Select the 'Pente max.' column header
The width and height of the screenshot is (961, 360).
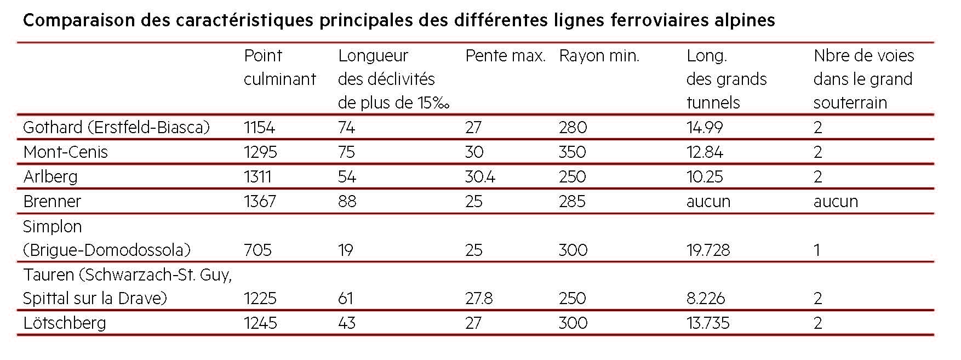(x=505, y=56)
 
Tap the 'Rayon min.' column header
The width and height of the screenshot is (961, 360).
(x=599, y=56)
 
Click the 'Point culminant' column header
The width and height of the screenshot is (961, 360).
(x=279, y=67)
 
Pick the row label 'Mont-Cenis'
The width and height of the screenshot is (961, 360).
(x=65, y=152)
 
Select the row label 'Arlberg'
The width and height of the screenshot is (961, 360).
(x=50, y=176)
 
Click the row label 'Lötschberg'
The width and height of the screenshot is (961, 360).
(x=64, y=323)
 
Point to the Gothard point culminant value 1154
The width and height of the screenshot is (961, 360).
(x=259, y=128)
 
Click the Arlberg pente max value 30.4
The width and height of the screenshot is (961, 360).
(x=480, y=176)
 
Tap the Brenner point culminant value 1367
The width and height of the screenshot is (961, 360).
(x=261, y=201)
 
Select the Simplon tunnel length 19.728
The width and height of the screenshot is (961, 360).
(x=708, y=250)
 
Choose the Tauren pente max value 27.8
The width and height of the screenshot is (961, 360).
(x=478, y=298)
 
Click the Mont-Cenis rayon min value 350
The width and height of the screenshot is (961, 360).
(x=572, y=152)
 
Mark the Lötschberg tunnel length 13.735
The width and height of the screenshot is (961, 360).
(x=707, y=323)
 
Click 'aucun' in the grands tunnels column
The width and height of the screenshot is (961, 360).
(x=708, y=201)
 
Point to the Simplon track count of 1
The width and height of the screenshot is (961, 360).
(x=816, y=250)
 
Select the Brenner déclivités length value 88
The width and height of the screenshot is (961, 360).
(x=347, y=201)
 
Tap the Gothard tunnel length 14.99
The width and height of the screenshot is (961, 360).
(x=704, y=128)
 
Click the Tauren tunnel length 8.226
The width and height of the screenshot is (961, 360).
(x=706, y=298)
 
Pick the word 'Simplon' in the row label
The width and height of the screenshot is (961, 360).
(x=52, y=226)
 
